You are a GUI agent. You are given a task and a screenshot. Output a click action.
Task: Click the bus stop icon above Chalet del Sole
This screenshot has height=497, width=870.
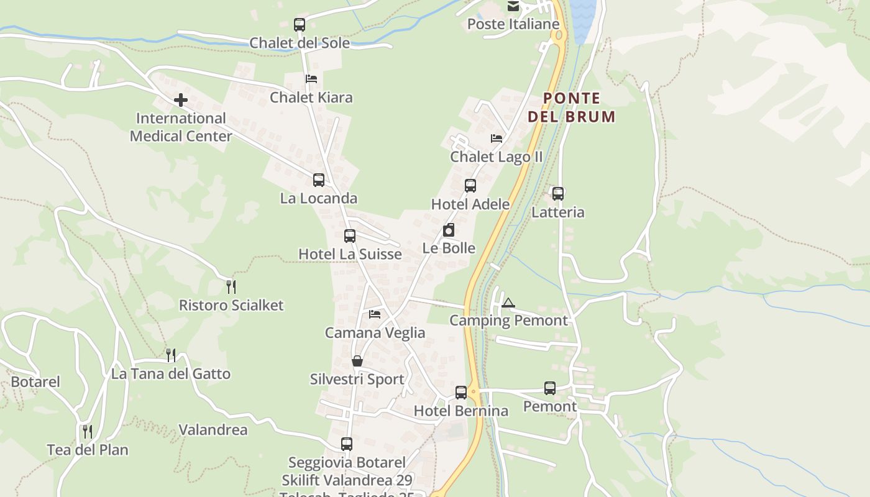(300, 25)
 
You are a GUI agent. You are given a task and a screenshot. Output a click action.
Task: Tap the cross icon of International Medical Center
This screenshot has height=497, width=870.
(181, 100)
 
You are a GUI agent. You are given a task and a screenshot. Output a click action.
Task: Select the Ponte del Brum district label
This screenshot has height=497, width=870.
(571, 107)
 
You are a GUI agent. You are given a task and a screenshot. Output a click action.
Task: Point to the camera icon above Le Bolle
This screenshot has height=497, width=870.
(449, 230)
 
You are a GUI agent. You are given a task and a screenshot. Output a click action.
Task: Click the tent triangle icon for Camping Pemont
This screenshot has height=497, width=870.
(508, 303)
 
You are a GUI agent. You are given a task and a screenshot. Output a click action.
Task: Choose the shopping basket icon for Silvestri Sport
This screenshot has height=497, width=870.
(357, 361)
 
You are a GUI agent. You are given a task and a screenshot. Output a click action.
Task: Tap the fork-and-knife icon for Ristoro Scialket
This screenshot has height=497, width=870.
(231, 286)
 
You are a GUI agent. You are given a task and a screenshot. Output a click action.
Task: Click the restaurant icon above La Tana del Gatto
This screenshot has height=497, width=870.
(170, 355)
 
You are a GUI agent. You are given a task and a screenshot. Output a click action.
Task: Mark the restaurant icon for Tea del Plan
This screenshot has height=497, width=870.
(88, 431)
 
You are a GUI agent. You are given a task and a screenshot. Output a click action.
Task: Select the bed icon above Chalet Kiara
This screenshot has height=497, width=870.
(311, 79)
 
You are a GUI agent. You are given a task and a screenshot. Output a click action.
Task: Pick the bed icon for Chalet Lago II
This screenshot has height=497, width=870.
(497, 138)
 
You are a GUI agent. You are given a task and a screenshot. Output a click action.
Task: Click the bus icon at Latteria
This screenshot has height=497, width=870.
(558, 194)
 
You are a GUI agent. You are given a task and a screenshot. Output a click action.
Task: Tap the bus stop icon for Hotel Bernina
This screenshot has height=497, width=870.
(461, 393)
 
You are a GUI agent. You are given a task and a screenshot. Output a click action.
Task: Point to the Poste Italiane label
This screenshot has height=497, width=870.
(513, 24)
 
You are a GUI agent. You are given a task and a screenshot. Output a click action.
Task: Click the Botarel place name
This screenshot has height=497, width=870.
(35, 381)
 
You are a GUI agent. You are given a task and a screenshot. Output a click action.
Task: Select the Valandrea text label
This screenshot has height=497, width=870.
(213, 429)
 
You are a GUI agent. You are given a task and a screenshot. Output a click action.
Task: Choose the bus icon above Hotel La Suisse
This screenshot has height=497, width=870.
(350, 236)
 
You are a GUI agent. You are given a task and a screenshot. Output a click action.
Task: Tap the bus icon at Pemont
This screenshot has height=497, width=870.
(550, 388)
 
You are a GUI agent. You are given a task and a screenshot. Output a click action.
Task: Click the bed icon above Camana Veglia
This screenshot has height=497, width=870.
(375, 314)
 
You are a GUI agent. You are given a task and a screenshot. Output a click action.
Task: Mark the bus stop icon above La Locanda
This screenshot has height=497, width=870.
(319, 180)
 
